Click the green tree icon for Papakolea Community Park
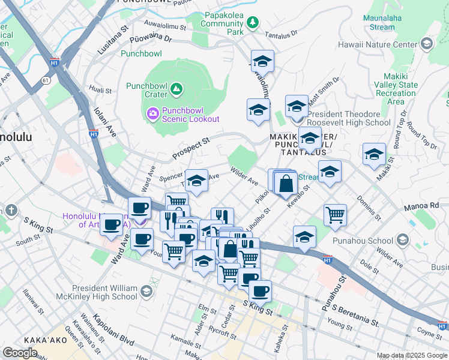(253, 22)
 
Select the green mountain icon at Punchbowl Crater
(176, 89)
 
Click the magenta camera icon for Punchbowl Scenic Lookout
(153, 113)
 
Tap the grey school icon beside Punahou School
(402, 241)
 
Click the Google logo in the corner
(20, 353)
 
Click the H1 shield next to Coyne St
(442, 326)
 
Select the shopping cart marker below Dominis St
(335, 214)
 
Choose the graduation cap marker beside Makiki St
(374, 154)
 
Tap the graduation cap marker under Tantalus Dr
(262, 61)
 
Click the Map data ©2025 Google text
(412, 355)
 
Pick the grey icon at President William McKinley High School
(146, 292)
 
